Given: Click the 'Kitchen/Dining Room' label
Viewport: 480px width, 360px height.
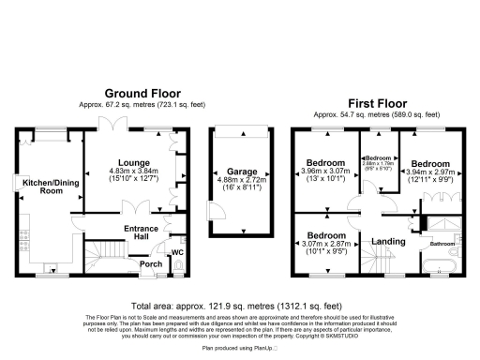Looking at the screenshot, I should point(43,186).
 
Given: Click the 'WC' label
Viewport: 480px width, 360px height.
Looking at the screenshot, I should point(177,252).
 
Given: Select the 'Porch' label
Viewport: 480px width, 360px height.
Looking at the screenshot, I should point(149,263).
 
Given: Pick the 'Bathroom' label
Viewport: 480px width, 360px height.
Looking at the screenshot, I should point(441,244).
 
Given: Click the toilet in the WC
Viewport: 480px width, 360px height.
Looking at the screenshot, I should point(178,267).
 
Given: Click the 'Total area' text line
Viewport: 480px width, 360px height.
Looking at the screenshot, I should point(239,307).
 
